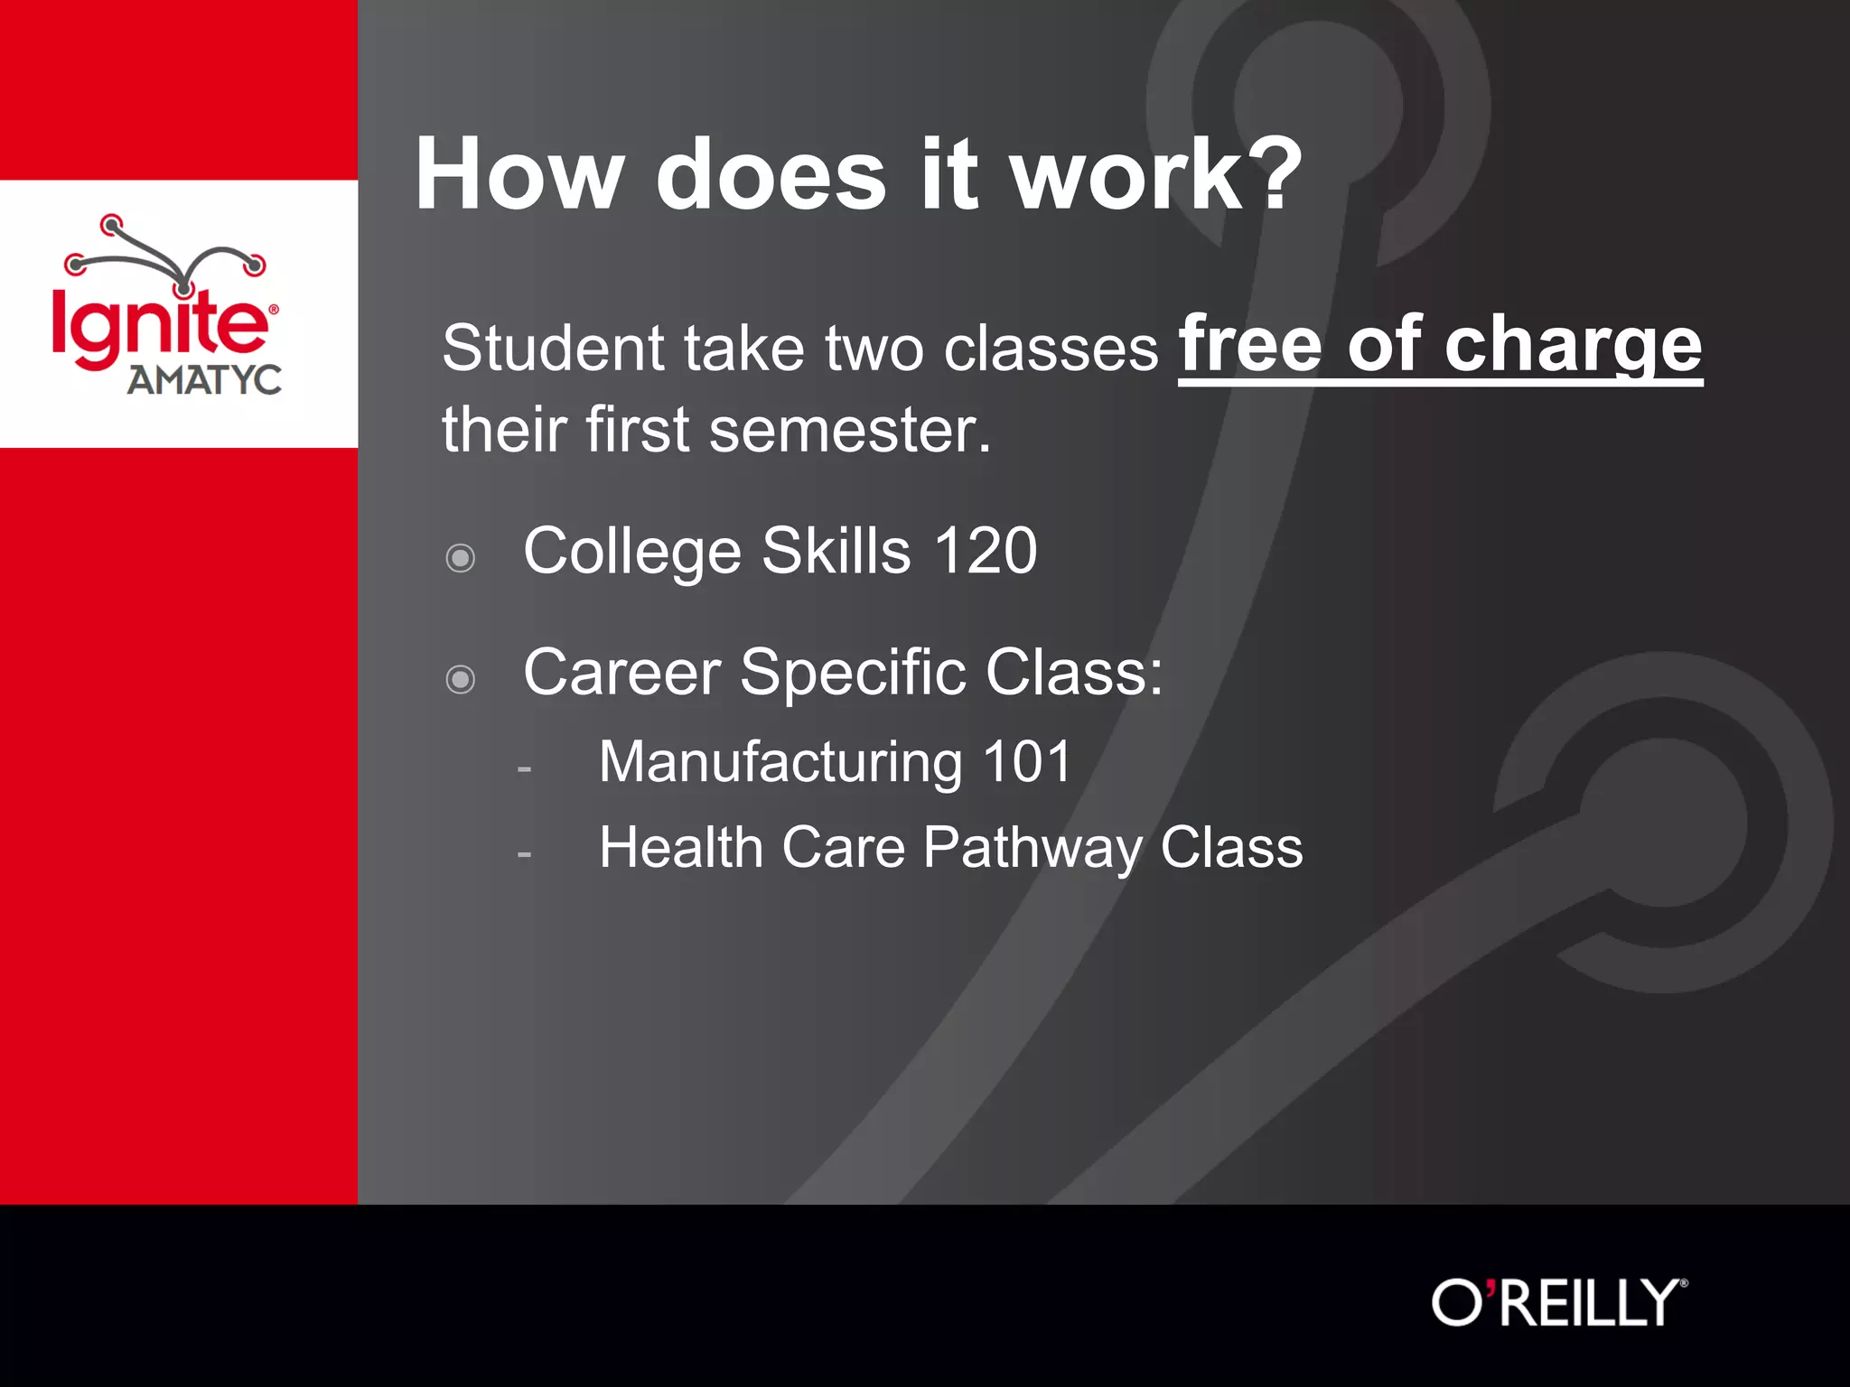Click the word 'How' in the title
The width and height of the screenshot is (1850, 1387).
[519, 175]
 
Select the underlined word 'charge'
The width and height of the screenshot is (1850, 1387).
[1573, 345]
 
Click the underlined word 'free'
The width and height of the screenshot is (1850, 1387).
[1250, 345]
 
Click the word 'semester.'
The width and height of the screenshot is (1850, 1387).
[850, 431]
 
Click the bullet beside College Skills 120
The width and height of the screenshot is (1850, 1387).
[461, 558]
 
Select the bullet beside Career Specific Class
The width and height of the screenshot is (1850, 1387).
[461, 679]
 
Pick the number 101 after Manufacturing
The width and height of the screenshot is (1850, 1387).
[1026, 762]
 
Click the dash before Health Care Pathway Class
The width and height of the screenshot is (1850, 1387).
[524, 854]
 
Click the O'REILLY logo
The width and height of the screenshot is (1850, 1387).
[1558, 1303]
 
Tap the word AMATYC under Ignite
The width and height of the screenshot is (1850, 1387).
[204, 380]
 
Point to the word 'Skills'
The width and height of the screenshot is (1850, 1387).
[836, 551]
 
